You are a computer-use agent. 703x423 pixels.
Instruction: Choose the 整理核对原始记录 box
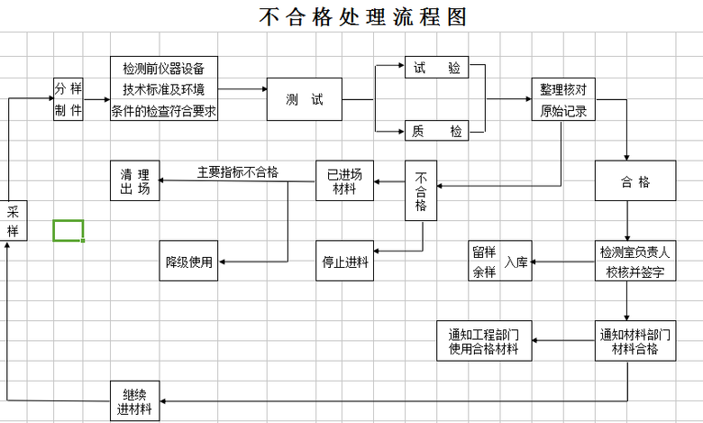563,100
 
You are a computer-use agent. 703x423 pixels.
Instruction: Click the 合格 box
635,181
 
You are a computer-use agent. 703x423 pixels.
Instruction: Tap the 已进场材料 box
344,180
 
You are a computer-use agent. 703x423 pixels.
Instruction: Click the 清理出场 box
135,180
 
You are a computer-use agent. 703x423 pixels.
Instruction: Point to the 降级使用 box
188,262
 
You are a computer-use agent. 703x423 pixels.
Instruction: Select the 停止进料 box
344,262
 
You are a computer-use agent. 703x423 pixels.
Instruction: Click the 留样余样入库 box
501,262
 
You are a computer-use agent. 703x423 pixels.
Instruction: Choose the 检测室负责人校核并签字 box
635,262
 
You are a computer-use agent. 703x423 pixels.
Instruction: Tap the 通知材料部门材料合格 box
635,341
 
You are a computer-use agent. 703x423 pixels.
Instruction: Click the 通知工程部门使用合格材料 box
484,341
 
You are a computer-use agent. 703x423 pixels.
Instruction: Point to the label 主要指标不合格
238,172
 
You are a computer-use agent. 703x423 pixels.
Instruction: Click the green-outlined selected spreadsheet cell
68,230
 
